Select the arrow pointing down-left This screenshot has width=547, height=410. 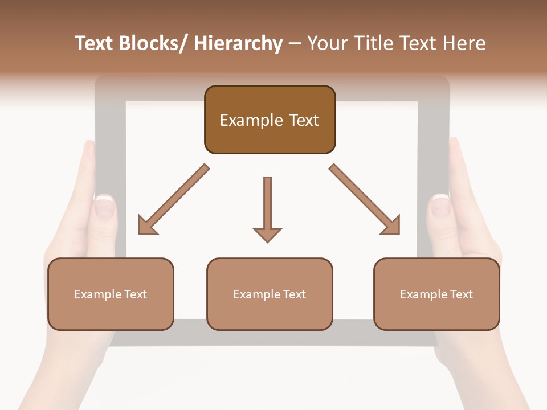[x=174, y=199]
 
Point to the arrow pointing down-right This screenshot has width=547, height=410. [x=365, y=199]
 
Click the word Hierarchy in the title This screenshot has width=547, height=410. [x=238, y=44]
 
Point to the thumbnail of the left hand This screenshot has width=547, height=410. [x=105, y=206]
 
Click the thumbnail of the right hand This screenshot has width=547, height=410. [x=440, y=205]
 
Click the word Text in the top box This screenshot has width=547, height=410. [x=303, y=120]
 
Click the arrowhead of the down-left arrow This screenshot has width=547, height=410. [x=146, y=225]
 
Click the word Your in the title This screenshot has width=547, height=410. [x=326, y=44]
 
